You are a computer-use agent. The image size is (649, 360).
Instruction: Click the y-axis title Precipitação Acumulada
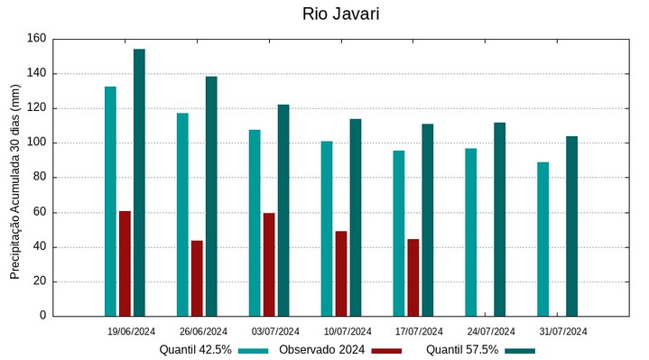tap(14, 181)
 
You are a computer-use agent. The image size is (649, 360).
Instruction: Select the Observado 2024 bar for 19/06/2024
tap(125, 263)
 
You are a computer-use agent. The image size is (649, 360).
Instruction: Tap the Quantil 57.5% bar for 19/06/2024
tap(139, 182)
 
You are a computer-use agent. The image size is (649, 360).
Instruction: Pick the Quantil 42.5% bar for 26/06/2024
tap(182, 215)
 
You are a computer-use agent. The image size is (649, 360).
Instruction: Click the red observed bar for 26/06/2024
tap(197, 278)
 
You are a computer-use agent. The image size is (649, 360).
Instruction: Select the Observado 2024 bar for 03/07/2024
tap(269, 264)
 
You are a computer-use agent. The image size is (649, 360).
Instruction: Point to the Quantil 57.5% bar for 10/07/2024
tap(356, 217)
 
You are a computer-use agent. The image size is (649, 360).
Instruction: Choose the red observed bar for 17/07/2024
tap(413, 277)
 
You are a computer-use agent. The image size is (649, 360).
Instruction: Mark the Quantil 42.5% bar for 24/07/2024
tap(471, 232)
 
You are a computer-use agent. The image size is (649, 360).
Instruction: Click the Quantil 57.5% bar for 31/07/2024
tap(572, 226)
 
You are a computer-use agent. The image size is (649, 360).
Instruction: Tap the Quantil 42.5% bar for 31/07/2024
tap(543, 239)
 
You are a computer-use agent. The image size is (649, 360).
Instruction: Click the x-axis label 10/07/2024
tap(348, 331)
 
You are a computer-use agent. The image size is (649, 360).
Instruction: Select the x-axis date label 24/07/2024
tap(492, 331)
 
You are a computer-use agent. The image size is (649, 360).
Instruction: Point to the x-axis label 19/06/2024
tap(131, 331)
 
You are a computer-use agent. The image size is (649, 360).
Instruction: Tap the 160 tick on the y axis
tap(36, 39)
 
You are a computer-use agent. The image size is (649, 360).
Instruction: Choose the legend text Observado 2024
tap(321, 350)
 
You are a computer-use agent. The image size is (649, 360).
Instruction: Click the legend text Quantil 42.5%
tap(196, 350)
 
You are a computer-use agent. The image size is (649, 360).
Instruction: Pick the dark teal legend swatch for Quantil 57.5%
tap(520, 350)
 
